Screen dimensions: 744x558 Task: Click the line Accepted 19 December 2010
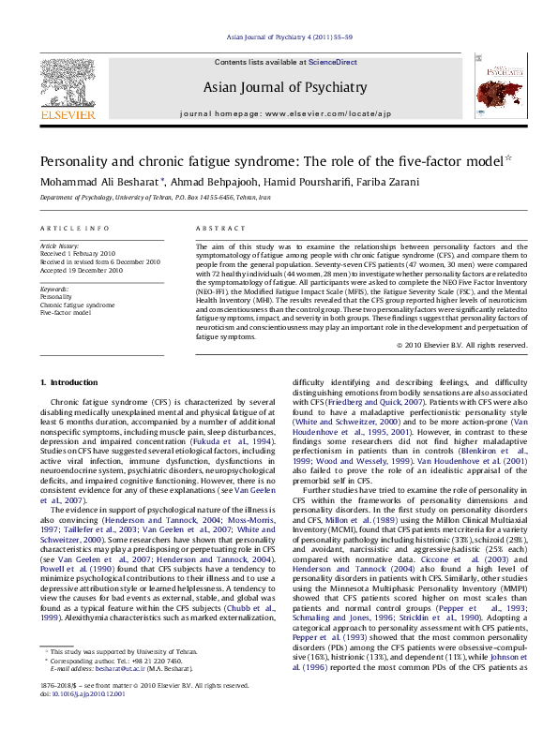click(82, 269)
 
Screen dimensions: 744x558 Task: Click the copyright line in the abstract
click(449, 345)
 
